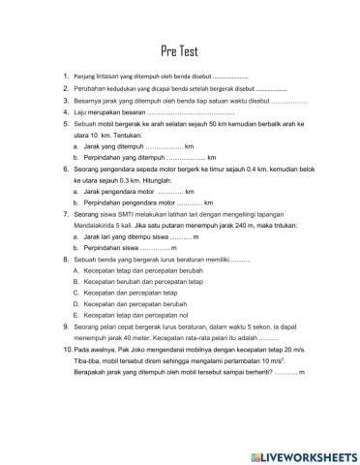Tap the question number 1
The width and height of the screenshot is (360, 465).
click(64, 76)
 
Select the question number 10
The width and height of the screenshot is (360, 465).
click(65, 347)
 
